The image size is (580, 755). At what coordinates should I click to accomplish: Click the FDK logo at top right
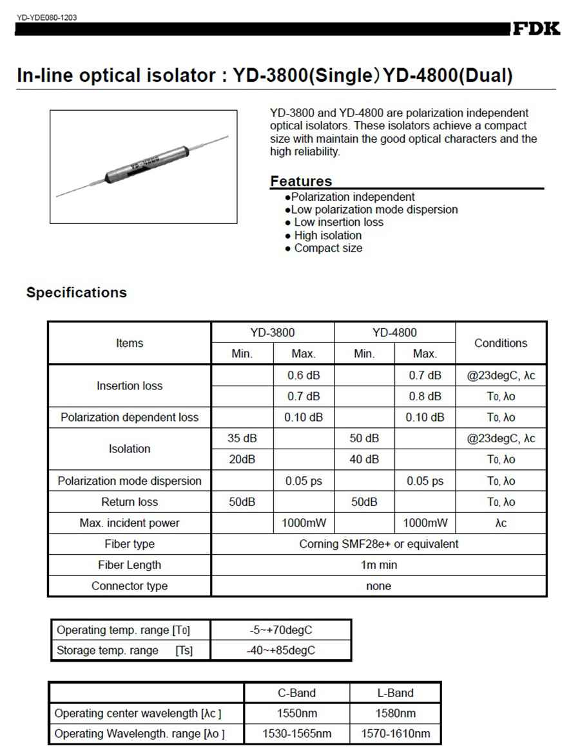coord(536,29)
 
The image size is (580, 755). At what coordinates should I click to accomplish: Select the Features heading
coord(301,181)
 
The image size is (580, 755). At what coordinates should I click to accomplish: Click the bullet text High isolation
coord(327,235)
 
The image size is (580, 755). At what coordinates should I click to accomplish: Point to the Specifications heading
coord(77,292)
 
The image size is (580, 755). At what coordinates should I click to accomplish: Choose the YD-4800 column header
coord(394,333)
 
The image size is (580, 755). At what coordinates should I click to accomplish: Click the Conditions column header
coord(501,343)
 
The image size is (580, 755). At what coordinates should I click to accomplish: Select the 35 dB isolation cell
coord(242,438)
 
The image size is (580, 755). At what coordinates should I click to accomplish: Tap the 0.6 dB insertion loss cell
coord(304,375)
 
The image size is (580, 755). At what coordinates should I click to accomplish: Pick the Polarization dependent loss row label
coord(130,417)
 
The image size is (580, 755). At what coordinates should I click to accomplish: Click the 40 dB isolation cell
coord(364,460)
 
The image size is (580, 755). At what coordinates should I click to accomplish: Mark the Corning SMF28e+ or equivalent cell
coord(379,544)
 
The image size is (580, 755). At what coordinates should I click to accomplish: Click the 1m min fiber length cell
coord(379,565)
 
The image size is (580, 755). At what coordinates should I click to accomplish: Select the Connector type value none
coord(379,586)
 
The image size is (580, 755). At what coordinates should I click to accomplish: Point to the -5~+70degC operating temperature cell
coord(281,629)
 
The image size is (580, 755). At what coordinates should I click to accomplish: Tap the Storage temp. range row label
coord(107,650)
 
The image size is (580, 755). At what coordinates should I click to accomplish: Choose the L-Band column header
coord(396,693)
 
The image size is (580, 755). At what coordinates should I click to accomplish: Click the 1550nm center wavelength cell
coord(296,713)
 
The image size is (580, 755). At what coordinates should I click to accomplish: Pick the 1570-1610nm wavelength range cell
coord(396,734)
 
